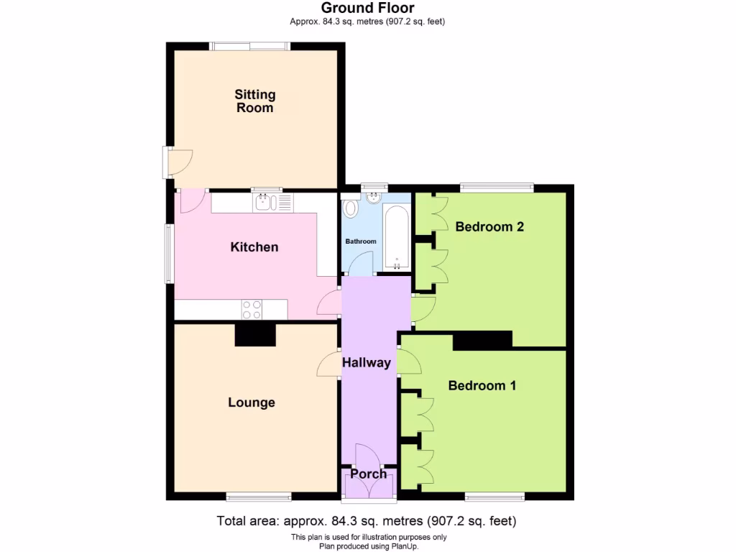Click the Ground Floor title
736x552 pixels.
[x=367, y=8]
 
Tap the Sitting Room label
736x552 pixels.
[x=255, y=101]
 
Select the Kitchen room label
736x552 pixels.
[x=254, y=247]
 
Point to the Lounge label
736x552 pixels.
[x=252, y=402]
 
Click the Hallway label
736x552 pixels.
[x=366, y=363]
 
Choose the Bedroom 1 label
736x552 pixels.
[x=482, y=386]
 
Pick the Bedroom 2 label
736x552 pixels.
[x=489, y=227]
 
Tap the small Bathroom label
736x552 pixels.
[x=361, y=241]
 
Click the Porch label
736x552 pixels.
[x=368, y=474]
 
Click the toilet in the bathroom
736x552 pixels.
[x=351, y=208]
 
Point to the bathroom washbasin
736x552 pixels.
[x=372, y=197]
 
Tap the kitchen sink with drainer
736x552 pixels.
[x=273, y=203]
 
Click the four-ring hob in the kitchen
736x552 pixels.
[x=252, y=310]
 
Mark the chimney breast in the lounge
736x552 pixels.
[x=255, y=335]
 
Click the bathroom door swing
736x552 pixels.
[x=360, y=266]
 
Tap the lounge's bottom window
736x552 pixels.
[x=259, y=496]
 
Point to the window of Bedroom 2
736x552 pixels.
[x=497, y=188]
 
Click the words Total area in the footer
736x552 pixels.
[x=248, y=521]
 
